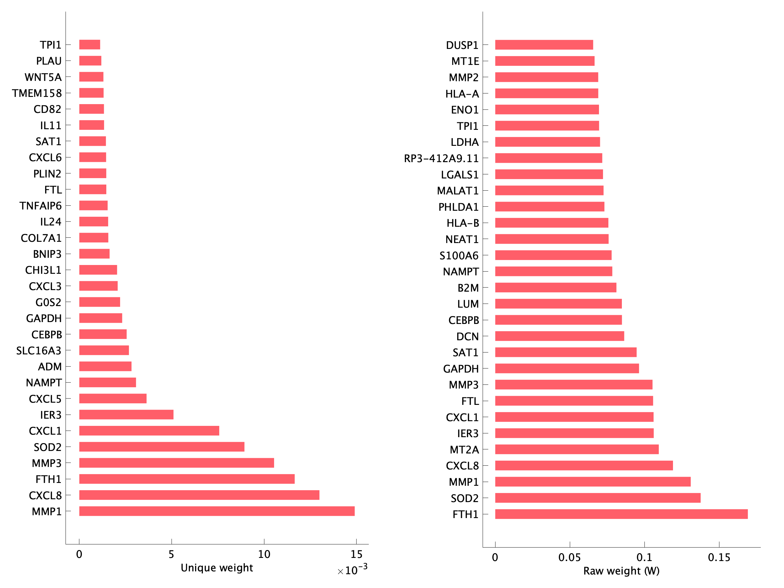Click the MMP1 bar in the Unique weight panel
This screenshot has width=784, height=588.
tap(217, 511)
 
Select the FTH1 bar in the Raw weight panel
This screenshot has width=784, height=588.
tap(621, 514)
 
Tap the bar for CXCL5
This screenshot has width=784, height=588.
tap(113, 398)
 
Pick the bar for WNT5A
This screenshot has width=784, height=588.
tap(91, 77)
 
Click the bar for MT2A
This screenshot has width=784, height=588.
tap(577, 449)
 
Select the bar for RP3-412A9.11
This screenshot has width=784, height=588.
tap(548, 158)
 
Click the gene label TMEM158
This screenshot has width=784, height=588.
tap(37, 93)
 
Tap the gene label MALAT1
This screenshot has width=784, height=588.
tap(458, 191)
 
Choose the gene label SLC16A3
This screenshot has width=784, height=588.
tap(39, 351)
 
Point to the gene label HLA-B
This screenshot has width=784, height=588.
tap(463, 223)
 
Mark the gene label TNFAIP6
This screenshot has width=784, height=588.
tap(40, 206)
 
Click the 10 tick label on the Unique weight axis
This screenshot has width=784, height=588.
tap(264, 554)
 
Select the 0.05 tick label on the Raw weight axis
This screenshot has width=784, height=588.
tap(569, 558)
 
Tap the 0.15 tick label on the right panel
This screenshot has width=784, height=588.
tap(719, 558)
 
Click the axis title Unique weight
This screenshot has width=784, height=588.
tap(217, 568)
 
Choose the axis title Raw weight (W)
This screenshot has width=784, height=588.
tap(621, 571)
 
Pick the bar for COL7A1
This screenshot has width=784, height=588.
tap(93, 237)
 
